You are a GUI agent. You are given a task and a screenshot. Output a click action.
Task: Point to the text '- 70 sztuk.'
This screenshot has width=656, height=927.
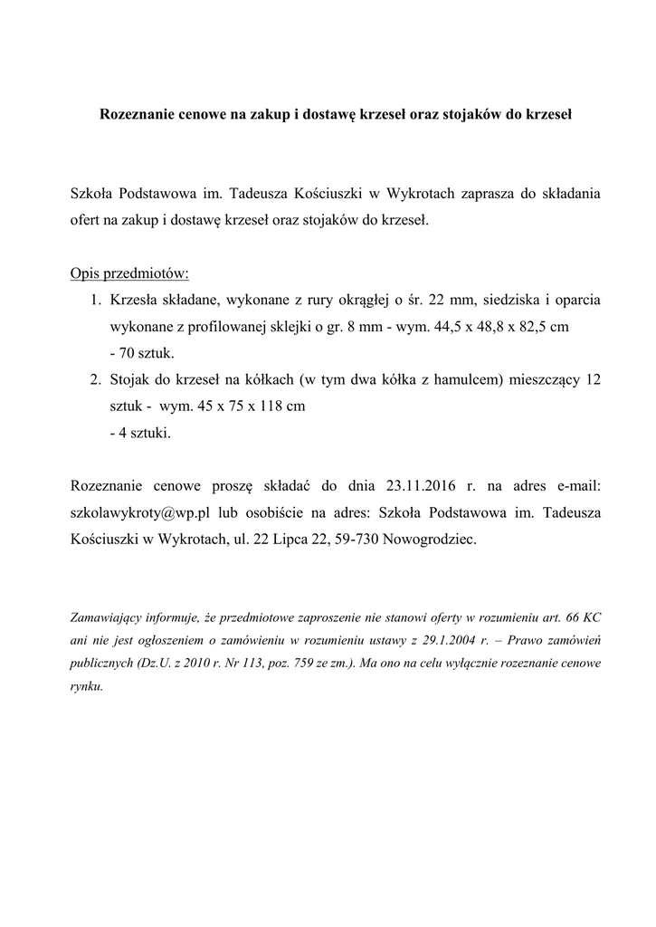coord(141,353)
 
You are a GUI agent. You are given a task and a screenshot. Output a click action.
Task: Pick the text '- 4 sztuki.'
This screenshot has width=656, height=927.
coord(139,434)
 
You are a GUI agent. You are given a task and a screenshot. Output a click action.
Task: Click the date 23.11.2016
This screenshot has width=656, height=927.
coord(423,487)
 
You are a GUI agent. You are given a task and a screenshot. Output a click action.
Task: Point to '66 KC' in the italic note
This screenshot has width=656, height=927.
coord(582,618)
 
